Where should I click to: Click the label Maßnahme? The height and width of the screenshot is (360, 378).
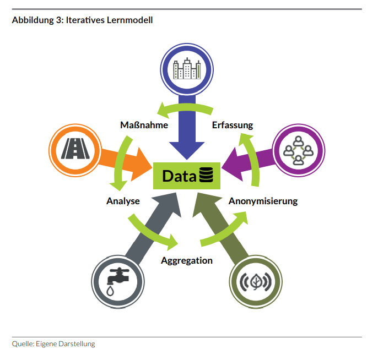tap(144, 125)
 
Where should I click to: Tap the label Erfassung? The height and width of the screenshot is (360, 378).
tap(233, 125)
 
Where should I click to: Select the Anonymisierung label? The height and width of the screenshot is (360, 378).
tap(263, 201)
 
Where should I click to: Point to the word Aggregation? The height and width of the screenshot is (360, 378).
tap(187, 260)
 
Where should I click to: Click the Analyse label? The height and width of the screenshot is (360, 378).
tap(123, 201)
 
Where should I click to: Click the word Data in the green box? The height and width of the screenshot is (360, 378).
tap(179, 176)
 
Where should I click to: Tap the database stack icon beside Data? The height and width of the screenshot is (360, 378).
tap(206, 176)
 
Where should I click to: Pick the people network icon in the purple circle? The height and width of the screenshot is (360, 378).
tap(298, 149)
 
